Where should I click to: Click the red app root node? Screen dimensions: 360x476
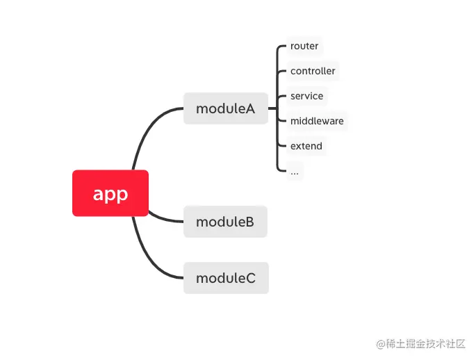110,193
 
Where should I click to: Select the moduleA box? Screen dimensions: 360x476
225,108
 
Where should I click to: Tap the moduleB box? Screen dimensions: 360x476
225,222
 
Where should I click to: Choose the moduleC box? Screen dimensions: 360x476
225,278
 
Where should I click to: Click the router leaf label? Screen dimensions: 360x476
304,46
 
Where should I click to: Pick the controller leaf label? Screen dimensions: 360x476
313,71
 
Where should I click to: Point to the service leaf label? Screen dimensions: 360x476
306,96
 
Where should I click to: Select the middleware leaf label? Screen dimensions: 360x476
317,121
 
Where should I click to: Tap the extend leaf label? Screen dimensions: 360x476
306,146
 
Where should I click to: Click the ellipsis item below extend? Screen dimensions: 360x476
295,171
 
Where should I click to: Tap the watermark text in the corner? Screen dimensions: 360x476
420,344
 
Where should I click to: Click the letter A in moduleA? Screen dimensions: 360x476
250,108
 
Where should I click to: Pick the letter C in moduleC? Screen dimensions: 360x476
250,278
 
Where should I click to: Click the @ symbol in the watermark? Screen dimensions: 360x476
380,344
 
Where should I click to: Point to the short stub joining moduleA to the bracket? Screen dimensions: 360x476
272,108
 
